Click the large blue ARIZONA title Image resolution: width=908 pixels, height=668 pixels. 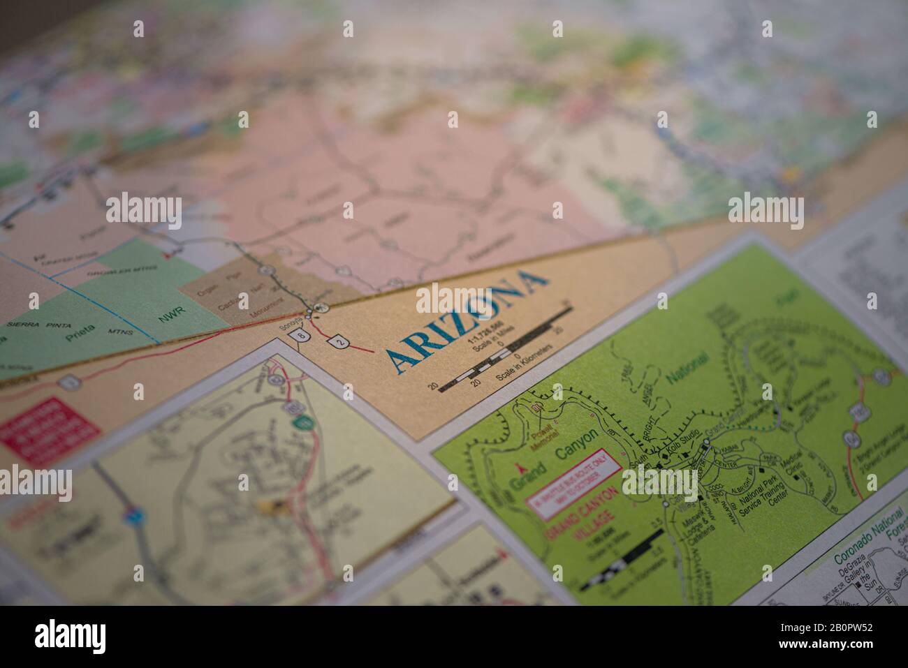click(x=464, y=318)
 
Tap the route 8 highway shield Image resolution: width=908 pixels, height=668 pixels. click(x=301, y=336)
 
